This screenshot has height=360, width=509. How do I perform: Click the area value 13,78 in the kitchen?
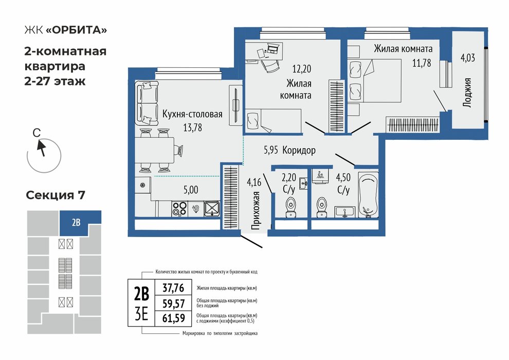click(x=192, y=128)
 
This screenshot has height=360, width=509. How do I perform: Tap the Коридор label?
click(x=299, y=150)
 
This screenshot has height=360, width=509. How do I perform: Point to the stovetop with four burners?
click(x=179, y=209)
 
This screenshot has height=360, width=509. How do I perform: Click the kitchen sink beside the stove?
click(x=212, y=209)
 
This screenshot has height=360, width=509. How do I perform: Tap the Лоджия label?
click(x=467, y=93)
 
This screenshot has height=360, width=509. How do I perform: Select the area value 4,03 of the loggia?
click(x=468, y=58)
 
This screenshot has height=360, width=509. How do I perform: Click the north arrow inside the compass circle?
click(x=41, y=148)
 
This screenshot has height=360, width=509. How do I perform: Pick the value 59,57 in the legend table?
click(x=174, y=303)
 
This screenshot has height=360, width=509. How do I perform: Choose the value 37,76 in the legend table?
click(x=173, y=288)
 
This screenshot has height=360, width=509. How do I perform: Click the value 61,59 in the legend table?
click(x=174, y=318)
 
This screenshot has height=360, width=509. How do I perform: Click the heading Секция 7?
click(x=56, y=195)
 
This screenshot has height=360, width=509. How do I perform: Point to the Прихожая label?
click(x=256, y=210)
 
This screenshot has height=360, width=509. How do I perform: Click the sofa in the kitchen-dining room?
click(x=147, y=103)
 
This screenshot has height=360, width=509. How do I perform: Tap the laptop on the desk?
click(x=272, y=48)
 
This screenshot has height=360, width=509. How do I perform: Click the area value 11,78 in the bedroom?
click(x=422, y=63)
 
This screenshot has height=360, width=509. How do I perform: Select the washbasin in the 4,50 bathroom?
click(x=344, y=212)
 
